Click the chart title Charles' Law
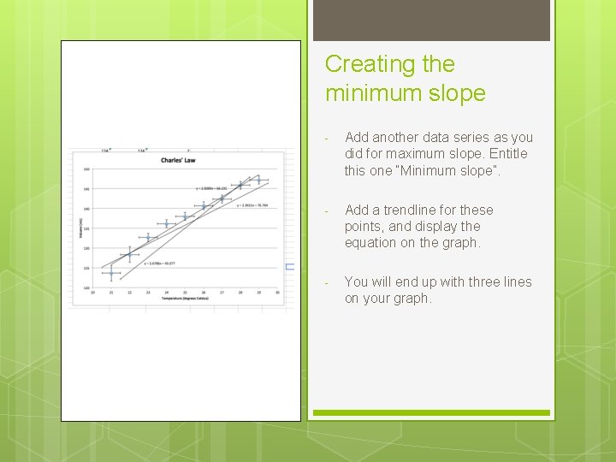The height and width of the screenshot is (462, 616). tap(186, 160)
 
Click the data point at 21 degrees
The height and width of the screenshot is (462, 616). tap(111, 273)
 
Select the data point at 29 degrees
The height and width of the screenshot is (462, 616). tap(259, 180)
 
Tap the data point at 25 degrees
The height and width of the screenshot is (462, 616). tap(185, 216)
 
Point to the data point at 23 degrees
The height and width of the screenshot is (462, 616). tap(148, 238)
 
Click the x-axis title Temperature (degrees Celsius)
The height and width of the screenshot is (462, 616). tap(186, 298)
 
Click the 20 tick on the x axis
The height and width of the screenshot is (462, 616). tap(92, 292)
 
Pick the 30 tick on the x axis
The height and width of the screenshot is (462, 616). tap(278, 292)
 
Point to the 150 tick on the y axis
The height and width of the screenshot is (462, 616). tap(86, 169)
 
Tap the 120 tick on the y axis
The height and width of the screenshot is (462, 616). tap(86, 248)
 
